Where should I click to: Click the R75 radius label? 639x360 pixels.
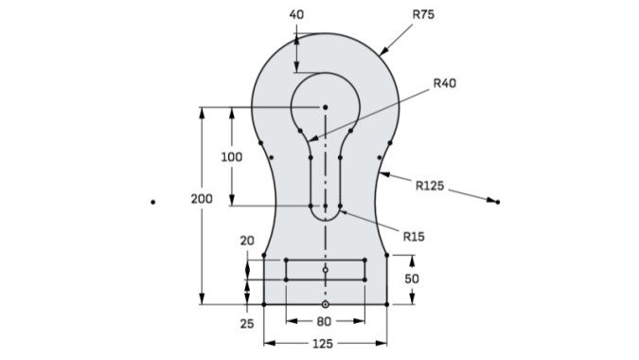(423, 14)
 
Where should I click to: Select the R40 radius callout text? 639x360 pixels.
(445, 83)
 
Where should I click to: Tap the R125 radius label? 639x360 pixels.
(430, 186)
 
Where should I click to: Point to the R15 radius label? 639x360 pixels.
(414, 237)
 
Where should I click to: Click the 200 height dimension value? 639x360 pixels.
(202, 199)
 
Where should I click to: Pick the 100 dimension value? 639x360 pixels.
(232, 157)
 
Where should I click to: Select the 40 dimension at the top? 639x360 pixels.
(296, 14)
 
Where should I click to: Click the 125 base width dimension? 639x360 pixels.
(323, 344)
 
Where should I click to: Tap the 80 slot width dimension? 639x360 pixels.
(324, 322)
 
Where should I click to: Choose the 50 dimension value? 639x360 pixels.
(412, 279)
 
